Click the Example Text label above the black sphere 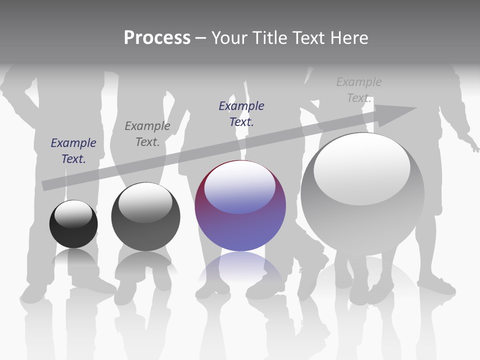(x=73, y=151)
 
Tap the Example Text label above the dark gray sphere (x=147, y=134)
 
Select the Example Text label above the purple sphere (x=241, y=113)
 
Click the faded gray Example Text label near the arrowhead (x=359, y=90)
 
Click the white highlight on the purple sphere (x=240, y=187)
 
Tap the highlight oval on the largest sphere (x=361, y=167)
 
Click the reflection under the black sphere (x=74, y=258)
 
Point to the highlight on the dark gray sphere (x=145, y=203)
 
